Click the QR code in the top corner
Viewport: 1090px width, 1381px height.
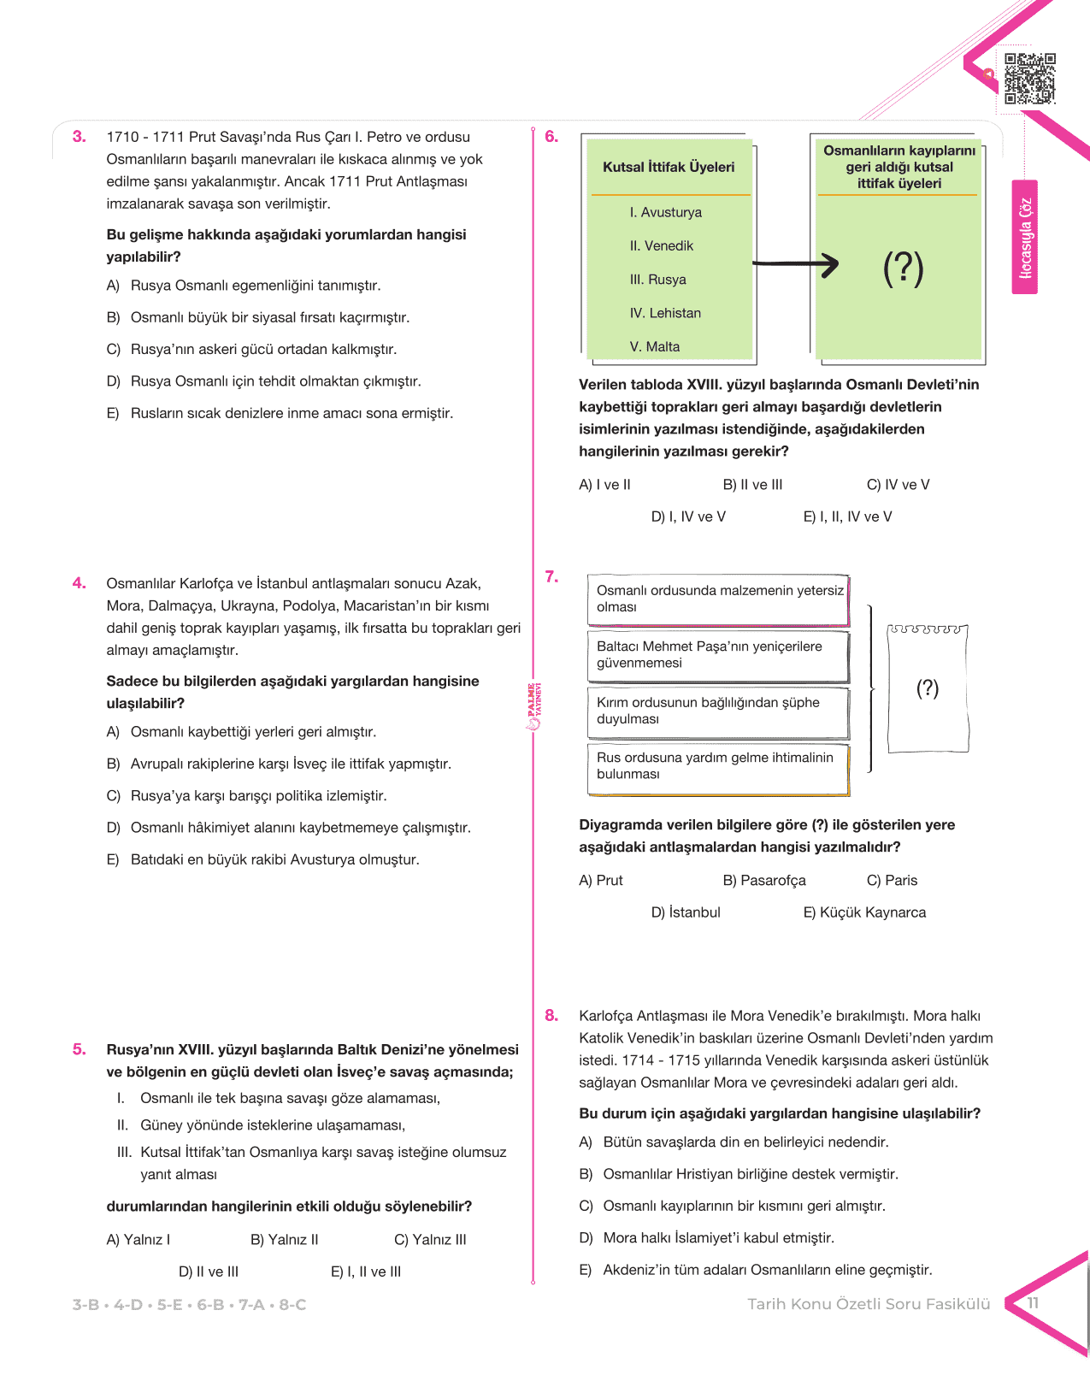(1029, 79)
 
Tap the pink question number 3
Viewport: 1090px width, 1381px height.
(80, 137)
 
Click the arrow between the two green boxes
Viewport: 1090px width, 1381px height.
(795, 264)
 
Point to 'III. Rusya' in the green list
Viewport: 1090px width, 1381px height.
(657, 280)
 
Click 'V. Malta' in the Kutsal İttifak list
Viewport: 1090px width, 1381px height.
(654, 346)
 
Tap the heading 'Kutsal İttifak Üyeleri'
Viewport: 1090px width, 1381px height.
(669, 168)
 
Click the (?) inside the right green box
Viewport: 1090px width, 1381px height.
(903, 269)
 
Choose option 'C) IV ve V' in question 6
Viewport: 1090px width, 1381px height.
(898, 485)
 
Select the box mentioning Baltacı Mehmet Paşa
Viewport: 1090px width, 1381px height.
(718, 655)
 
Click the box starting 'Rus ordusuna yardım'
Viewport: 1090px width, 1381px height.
(718, 766)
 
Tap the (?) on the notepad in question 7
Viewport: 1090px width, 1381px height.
(928, 688)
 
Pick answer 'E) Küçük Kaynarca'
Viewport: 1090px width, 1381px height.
(863, 912)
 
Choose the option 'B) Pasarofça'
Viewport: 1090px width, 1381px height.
(764, 881)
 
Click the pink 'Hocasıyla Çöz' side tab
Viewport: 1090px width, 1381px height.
(1025, 238)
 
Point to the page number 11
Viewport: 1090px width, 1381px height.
(1033, 1303)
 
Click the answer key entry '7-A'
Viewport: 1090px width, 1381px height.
(252, 1305)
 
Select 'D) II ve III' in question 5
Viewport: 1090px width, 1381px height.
(209, 1272)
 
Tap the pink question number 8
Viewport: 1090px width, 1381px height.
(551, 1016)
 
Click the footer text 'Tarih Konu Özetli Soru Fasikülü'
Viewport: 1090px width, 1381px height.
(869, 1304)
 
